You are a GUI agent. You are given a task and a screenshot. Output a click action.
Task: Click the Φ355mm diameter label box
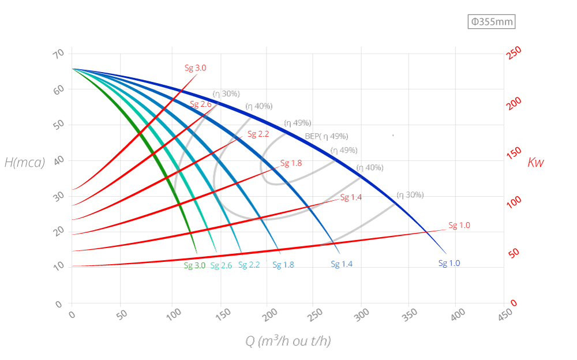491,22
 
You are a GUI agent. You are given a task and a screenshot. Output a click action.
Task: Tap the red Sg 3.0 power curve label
195,67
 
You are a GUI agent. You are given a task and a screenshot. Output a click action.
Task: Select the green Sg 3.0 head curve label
194,265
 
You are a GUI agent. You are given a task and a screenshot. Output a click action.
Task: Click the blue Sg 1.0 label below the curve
449,263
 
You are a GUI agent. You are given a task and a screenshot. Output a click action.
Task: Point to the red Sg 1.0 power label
459,225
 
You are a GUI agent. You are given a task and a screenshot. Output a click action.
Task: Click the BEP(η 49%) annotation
327,136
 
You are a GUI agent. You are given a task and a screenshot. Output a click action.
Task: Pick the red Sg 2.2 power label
258,134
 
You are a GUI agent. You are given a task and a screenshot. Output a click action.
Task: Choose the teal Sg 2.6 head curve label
221,265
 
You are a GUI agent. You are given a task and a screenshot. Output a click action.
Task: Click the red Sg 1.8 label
291,163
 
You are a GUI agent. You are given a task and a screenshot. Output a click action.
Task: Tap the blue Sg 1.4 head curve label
342,264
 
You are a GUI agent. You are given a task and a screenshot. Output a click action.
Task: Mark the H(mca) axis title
25,162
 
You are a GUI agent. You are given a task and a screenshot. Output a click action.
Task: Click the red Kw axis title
535,162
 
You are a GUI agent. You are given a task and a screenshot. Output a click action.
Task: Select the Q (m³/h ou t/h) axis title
288,341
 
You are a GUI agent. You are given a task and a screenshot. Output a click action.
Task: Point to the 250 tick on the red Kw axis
514,52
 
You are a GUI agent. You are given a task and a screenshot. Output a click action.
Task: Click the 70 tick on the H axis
58,54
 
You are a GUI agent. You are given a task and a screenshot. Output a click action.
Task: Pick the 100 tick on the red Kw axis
514,202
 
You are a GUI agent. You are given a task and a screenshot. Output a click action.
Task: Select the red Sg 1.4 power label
351,197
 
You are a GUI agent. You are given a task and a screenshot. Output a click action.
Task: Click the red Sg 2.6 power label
201,104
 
